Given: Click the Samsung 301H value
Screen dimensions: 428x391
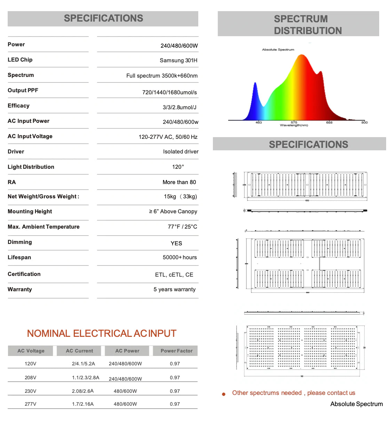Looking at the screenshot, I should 178,61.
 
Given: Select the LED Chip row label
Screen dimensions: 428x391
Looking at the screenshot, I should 20,60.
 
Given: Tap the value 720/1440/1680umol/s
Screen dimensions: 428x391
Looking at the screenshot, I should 169,92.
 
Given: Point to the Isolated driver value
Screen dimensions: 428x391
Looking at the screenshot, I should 181,152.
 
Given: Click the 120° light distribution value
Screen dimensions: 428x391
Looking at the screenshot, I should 178,167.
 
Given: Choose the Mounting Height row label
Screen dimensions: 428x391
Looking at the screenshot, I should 30,212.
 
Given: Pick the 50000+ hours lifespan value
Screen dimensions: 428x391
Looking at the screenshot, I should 179,257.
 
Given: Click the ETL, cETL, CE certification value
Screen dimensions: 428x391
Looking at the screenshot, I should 174,275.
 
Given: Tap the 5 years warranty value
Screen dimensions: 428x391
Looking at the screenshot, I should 174,290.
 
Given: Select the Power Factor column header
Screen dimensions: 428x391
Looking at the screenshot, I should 176,351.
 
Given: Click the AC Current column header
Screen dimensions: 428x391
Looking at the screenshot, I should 79,351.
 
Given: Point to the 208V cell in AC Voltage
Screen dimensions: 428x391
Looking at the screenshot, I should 31,378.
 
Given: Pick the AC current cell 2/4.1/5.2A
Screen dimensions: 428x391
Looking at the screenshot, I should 83,364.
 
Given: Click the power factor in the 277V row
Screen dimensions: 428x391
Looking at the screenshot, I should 175,404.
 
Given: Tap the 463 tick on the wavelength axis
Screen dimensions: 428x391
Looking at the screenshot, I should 258,122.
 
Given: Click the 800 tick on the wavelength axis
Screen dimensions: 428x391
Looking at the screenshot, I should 364,122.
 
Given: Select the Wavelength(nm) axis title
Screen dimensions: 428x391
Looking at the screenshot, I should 294,125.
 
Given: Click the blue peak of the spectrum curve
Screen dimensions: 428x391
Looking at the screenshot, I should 255,84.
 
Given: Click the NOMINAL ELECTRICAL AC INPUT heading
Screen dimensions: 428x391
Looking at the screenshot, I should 102,334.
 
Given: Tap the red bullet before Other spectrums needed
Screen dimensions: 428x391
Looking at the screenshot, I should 224,394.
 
